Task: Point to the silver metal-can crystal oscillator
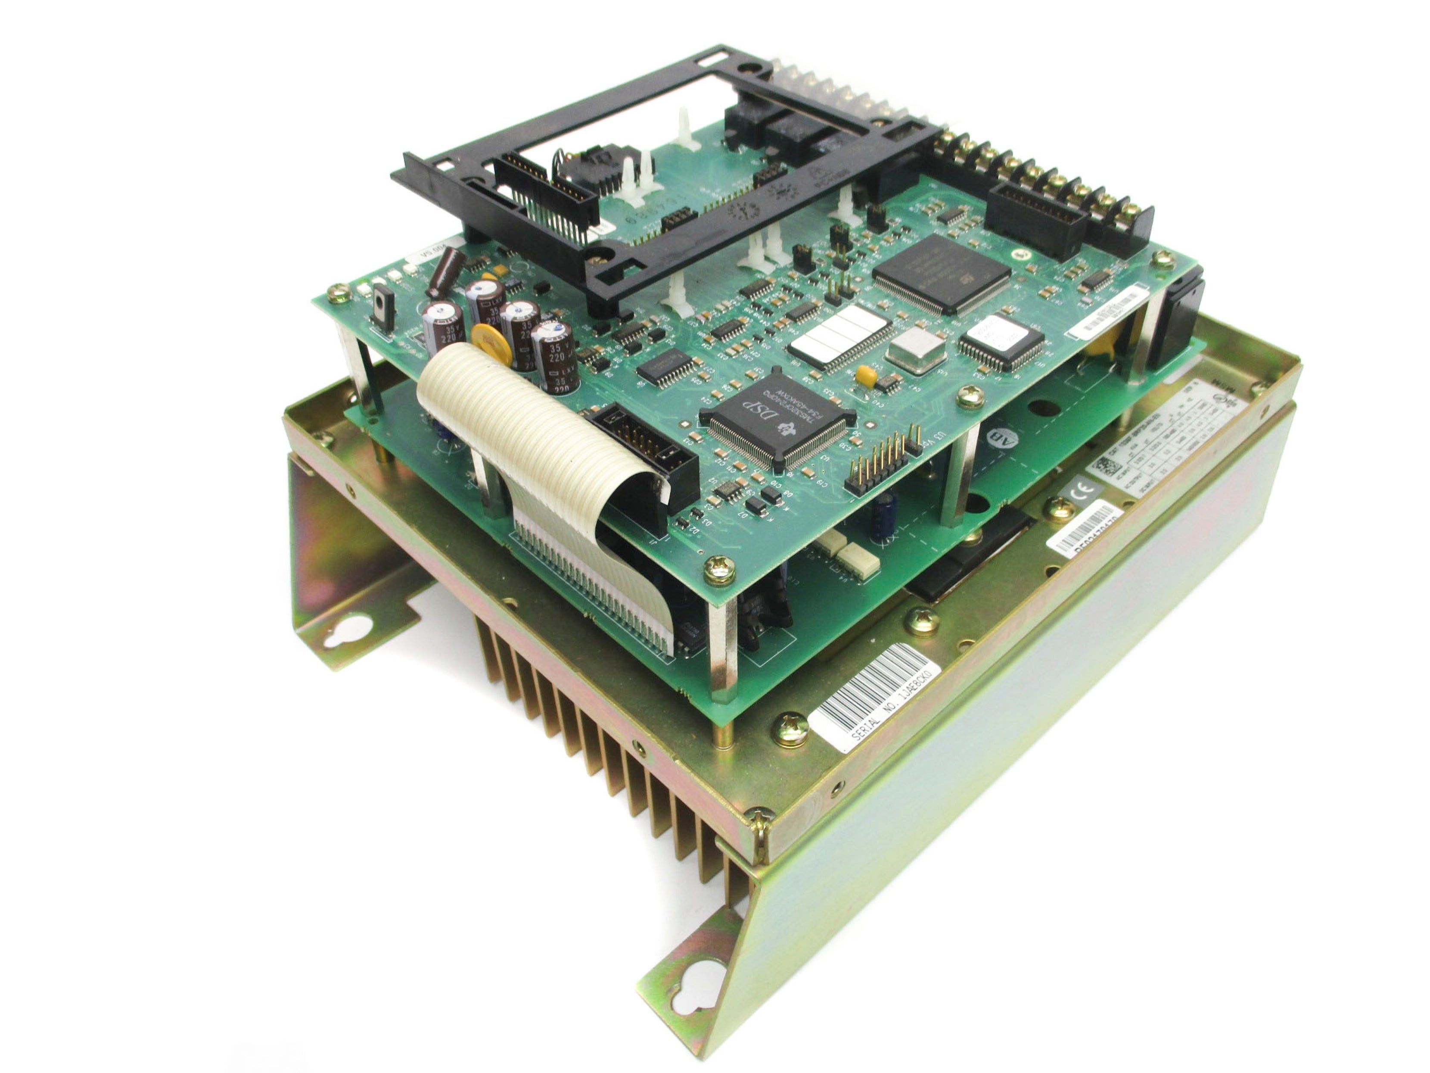[917, 350]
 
